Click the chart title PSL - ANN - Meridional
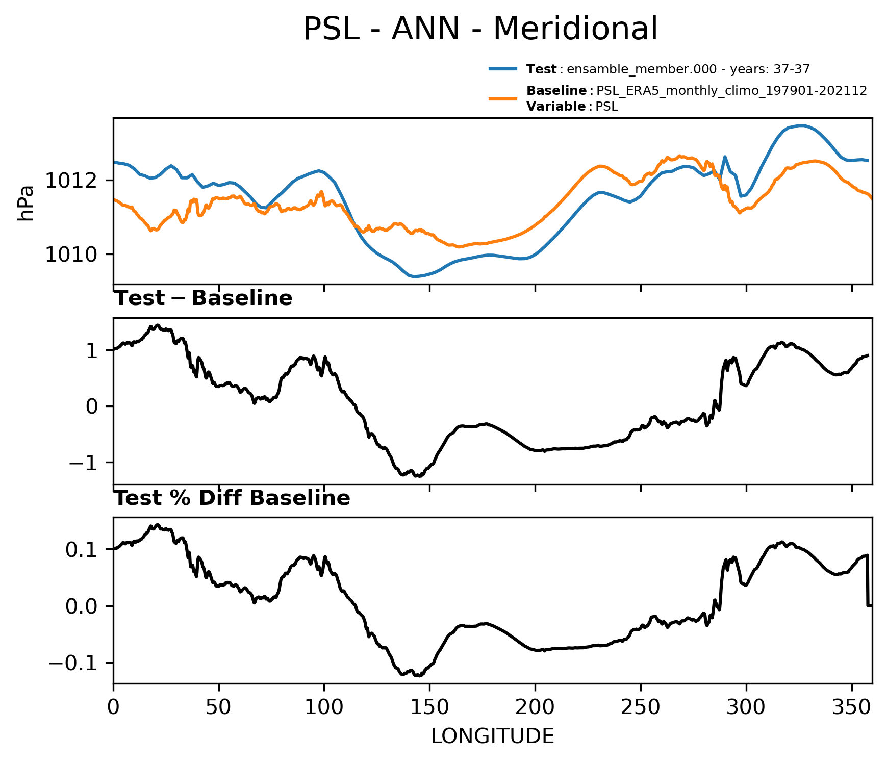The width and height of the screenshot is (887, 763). [x=480, y=29]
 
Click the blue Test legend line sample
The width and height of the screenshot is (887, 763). [x=503, y=69]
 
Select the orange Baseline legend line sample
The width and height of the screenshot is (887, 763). [x=503, y=98]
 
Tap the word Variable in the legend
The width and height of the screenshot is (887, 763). [x=556, y=107]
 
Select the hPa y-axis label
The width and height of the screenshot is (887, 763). [x=26, y=203]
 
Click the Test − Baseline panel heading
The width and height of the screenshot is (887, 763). [x=203, y=298]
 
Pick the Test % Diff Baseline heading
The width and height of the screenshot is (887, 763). [x=232, y=498]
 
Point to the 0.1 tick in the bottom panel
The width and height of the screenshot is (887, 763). [x=85, y=549]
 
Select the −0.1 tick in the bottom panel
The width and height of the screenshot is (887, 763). [x=77, y=663]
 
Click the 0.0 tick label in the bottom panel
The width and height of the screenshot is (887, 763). [x=85, y=606]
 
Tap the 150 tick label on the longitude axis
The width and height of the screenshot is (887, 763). [x=429, y=707]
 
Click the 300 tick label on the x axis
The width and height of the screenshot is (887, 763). [x=746, y=707]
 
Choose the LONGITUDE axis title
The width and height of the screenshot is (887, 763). [x=493, y=736]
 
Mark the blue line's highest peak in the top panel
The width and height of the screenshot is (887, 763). [x=801, y=125]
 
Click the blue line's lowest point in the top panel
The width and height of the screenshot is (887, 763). [x=414, y=276]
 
